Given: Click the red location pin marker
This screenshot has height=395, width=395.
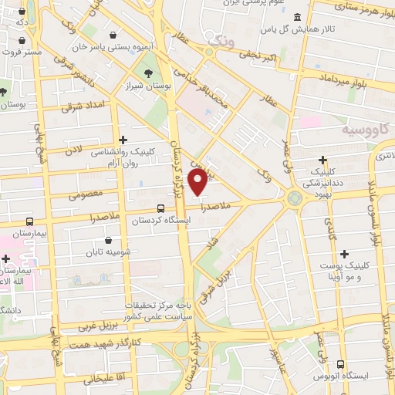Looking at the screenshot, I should pos(198,181).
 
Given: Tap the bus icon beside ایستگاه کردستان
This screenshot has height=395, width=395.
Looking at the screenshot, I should pos(160,208).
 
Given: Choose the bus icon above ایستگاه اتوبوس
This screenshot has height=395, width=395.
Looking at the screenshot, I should pos(341,365).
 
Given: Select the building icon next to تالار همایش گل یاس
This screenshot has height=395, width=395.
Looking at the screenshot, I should pos(298,17).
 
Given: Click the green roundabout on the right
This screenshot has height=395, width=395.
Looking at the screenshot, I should pos(295,197).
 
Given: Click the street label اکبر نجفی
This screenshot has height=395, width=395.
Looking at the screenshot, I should pos(258,55).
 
